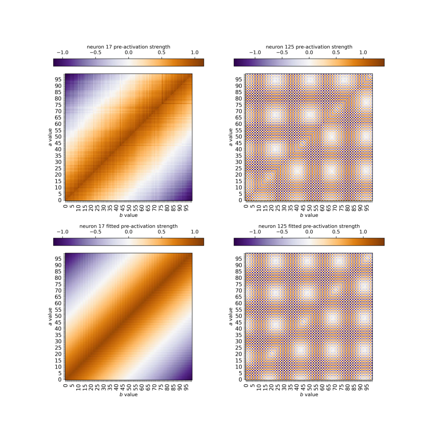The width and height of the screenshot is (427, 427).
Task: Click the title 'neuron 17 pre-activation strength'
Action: click(128, 47)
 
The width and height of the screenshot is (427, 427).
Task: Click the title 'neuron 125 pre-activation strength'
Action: click(309, 47)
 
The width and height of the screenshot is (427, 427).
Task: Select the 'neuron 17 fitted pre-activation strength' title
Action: click(128, 226)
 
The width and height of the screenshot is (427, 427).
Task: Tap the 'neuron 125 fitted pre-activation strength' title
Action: click(309, 226)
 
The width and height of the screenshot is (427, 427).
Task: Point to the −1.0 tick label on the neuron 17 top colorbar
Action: click(62, 53)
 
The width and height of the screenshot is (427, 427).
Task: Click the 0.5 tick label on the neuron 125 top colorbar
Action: click(336, 53)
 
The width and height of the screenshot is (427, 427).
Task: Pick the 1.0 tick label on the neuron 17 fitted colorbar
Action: click(194, 232)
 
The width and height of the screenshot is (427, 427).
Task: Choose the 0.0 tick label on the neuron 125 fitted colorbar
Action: click(309, 232)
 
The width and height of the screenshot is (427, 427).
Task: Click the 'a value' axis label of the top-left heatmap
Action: click(50, 138)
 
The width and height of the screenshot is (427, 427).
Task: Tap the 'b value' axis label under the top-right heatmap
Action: click(309, 216)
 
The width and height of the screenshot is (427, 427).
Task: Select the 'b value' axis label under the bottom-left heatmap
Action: click(128, 395)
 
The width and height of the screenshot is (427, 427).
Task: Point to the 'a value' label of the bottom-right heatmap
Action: click(230, 317)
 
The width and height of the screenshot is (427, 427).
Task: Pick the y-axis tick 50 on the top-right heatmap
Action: click(239, 136)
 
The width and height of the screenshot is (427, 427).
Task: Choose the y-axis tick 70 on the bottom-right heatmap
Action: click(239, 290)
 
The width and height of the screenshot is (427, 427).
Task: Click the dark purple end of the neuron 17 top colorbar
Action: click(56, 63)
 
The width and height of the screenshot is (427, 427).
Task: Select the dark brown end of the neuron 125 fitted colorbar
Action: click(382, 242)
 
